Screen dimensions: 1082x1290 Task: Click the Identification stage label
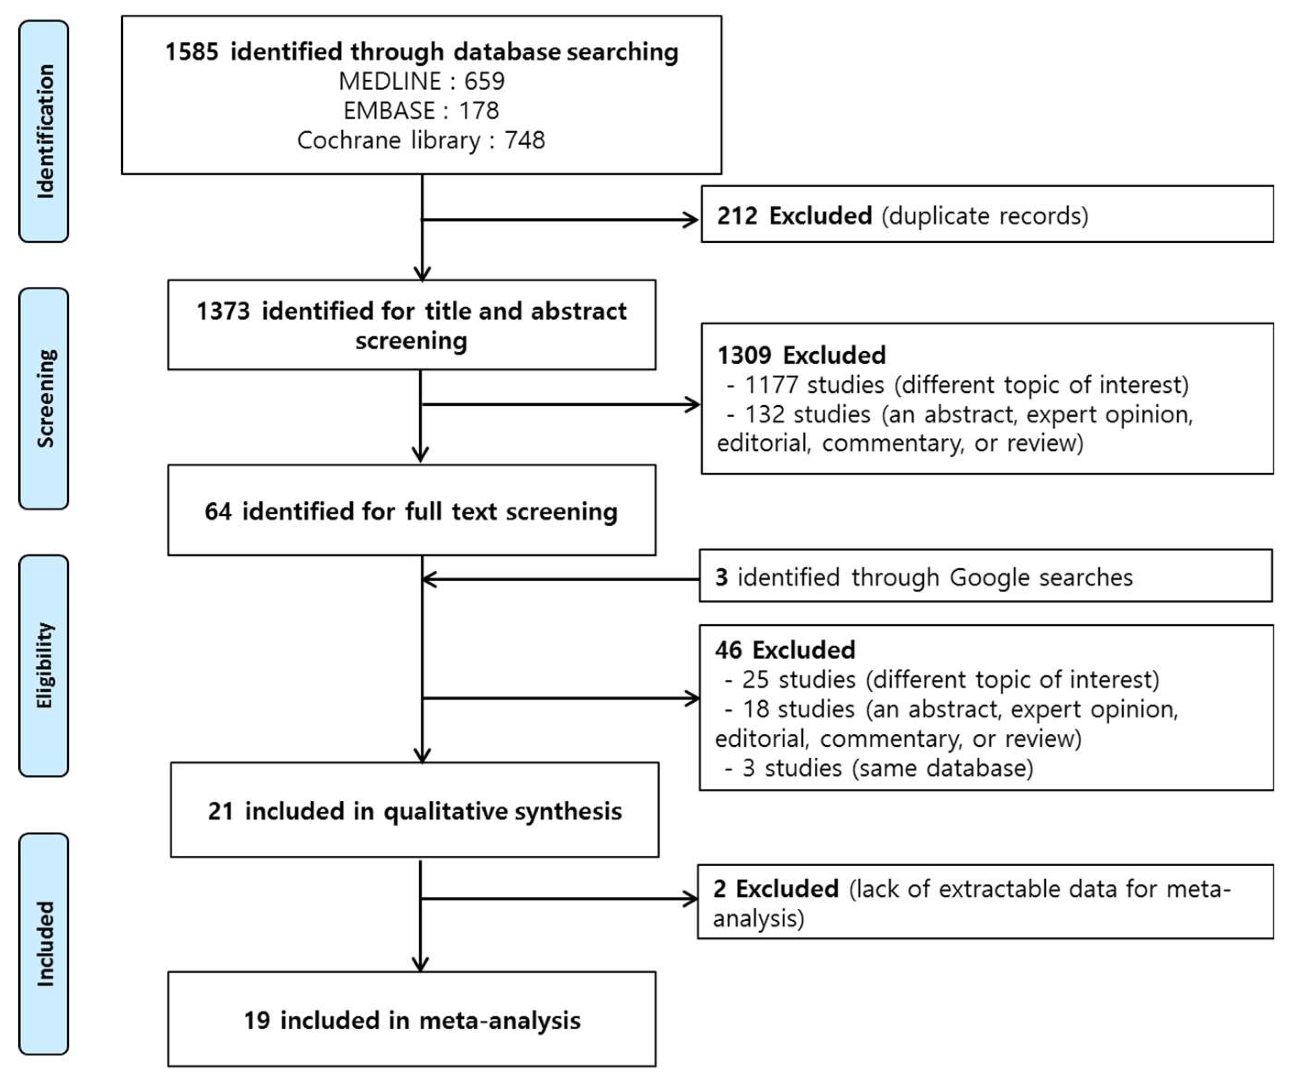click(44, 131)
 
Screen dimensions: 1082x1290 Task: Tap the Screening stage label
click(44, 399)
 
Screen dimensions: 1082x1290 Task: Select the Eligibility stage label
click(44, 666)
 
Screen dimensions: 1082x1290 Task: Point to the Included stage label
click(44, 943)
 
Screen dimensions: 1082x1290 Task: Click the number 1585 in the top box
click(192, 52)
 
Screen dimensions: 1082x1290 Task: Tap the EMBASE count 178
click(478, 110)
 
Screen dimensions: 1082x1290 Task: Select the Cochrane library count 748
click(525, 140)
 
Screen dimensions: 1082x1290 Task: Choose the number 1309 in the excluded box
click(744, 355)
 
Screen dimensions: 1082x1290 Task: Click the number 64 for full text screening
click(218, 511)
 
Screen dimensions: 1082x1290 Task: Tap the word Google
click(979, 577)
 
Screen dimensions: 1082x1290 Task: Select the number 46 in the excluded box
click(729, 650)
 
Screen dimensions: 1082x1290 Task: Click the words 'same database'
click(943, 768)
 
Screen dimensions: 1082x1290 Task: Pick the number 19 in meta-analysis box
click(257, 1021)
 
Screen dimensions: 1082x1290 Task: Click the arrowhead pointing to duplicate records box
click(692, 219)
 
